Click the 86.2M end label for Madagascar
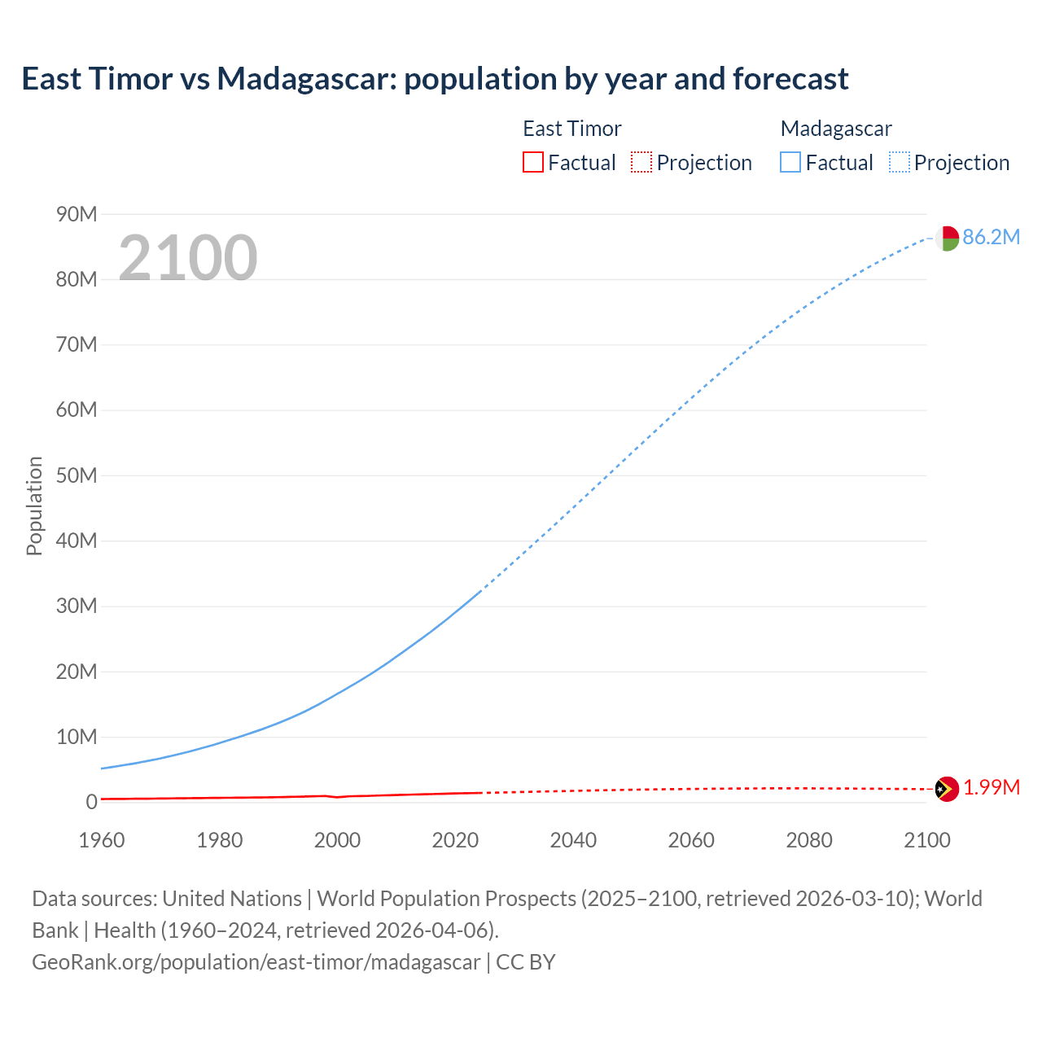click(x=991, y=237)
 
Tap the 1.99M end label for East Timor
click(x=992, y=787)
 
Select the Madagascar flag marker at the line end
click(x=947, y=239)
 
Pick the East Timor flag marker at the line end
click(x=947, y=789)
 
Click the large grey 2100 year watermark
click(x=188, y=258)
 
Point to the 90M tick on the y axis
click(x=77, y=214)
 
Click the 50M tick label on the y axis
click(x=77, y=475)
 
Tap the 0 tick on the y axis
click(x=91, y=802)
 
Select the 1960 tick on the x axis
click(x=102, y=840)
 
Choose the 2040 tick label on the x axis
click(x=573, y=840)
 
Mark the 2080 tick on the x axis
click(x=809, y=840)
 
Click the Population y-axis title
click(x=34, y=506)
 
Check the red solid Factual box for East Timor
click(x=532, y=163)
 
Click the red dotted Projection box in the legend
click(x=641, y=163)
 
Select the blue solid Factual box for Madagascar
click(x=790, y=163)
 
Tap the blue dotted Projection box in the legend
click(x=899, y=163)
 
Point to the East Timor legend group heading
click(x=571, y=129)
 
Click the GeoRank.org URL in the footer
click(x=256, y=961)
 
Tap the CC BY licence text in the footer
click(x=526, y=961)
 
